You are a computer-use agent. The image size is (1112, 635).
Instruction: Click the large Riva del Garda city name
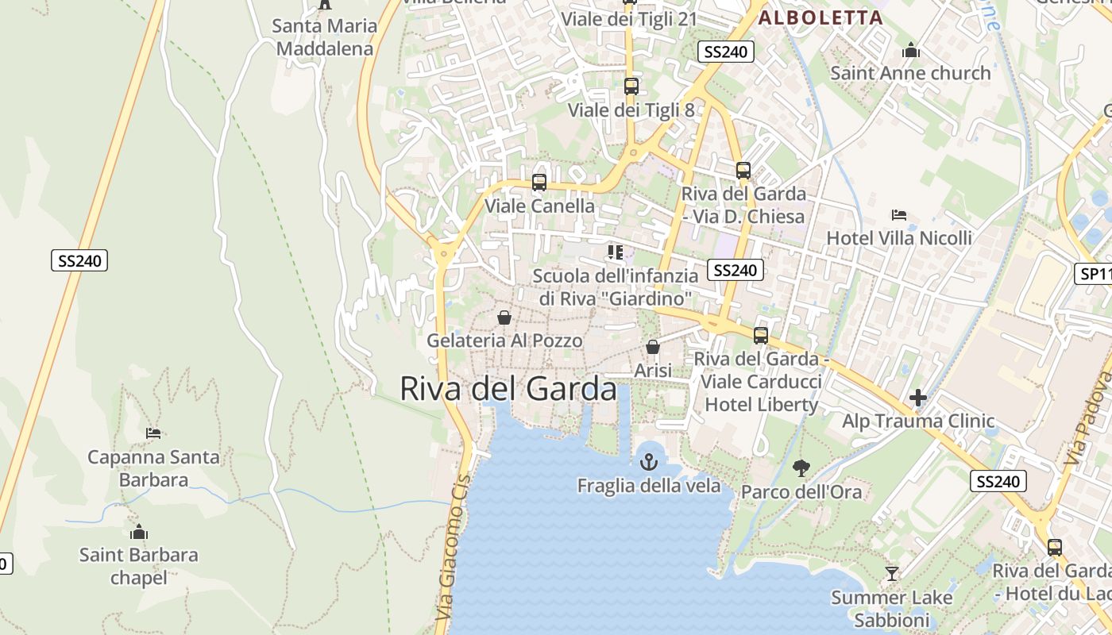tap(508, 389)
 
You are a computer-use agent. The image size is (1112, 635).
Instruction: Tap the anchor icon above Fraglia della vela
tap(649, 461)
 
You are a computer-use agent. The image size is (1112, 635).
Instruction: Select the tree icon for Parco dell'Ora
tap(801, 468)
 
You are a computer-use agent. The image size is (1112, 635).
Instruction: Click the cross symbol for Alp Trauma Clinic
tap(918, 397)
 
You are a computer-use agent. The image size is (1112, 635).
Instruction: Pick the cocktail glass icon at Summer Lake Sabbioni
tap(892, 573)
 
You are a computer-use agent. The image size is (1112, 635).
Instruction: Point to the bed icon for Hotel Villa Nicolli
tap(899, 214)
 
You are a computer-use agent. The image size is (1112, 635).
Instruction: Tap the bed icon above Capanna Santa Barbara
tap(153, 433)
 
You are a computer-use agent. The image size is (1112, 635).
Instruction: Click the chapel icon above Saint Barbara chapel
tap(139, 532)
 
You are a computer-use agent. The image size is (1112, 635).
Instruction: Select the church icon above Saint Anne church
tap(911, 51)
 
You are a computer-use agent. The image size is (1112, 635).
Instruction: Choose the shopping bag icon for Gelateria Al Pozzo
tap(504, 317)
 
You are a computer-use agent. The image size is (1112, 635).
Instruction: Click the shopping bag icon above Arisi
tap(653, 347)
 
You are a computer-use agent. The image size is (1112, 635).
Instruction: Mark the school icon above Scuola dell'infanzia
tap(616, 252)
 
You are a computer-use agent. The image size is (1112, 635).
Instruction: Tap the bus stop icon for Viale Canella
tap(539, 183)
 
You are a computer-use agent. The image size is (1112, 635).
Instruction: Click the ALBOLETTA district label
tap(820, 17)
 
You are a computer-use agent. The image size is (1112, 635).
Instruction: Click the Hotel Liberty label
tap(761, 404)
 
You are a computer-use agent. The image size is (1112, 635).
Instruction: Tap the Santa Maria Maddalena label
tap(324, 37)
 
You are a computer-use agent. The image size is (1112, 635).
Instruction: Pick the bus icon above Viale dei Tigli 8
tap(631, 87)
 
